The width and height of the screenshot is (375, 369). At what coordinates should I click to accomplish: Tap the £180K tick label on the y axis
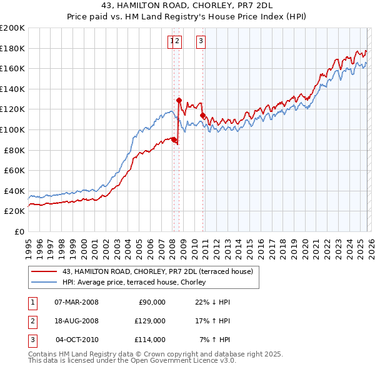coord(12,48)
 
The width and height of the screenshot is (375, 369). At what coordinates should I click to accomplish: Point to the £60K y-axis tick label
coord(14,170)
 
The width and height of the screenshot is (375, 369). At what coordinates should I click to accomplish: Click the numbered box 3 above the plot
coord(201,41)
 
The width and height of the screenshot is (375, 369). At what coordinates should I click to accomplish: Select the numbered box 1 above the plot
coord(171,41)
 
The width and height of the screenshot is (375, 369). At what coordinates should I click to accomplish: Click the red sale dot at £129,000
coord(179,100)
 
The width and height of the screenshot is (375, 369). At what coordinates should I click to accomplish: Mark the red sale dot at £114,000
coord(202,115)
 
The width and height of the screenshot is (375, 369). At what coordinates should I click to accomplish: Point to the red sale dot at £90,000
coord(174,139)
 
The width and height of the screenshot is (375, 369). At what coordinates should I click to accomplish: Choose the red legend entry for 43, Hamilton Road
coord(157,271)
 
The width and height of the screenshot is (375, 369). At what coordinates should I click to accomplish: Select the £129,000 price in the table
coord(150,321)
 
